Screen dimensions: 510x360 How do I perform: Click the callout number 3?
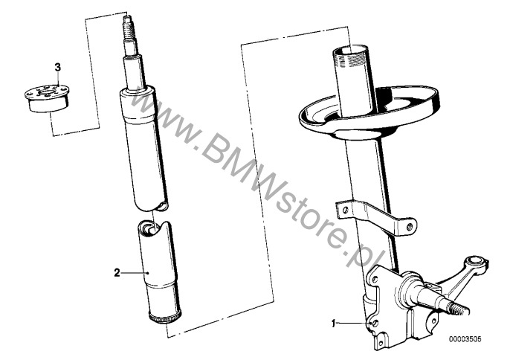point(57,68)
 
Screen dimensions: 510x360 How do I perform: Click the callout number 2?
point(117,272)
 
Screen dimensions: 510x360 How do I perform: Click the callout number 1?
point(333,324)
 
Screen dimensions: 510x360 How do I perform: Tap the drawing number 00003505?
point(465,339)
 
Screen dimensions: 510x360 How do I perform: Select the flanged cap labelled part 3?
point(47,98)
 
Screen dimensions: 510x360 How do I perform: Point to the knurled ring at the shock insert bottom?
point(165,317)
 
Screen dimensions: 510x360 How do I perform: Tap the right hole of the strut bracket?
point(410,226)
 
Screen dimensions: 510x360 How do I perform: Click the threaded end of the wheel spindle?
point(458,309)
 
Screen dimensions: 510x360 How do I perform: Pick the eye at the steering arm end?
point(476,261)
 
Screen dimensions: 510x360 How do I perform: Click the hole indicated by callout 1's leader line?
point(375,324)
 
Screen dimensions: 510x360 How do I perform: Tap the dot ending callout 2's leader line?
point(147,273)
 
